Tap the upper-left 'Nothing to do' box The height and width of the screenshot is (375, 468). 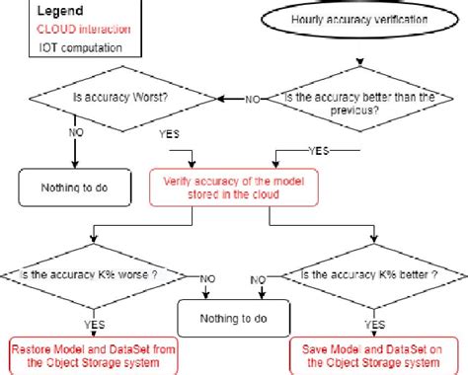(67, 187)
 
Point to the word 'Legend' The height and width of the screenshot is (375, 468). (61, 11)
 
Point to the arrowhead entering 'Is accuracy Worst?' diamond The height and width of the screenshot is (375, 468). (221, 98)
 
